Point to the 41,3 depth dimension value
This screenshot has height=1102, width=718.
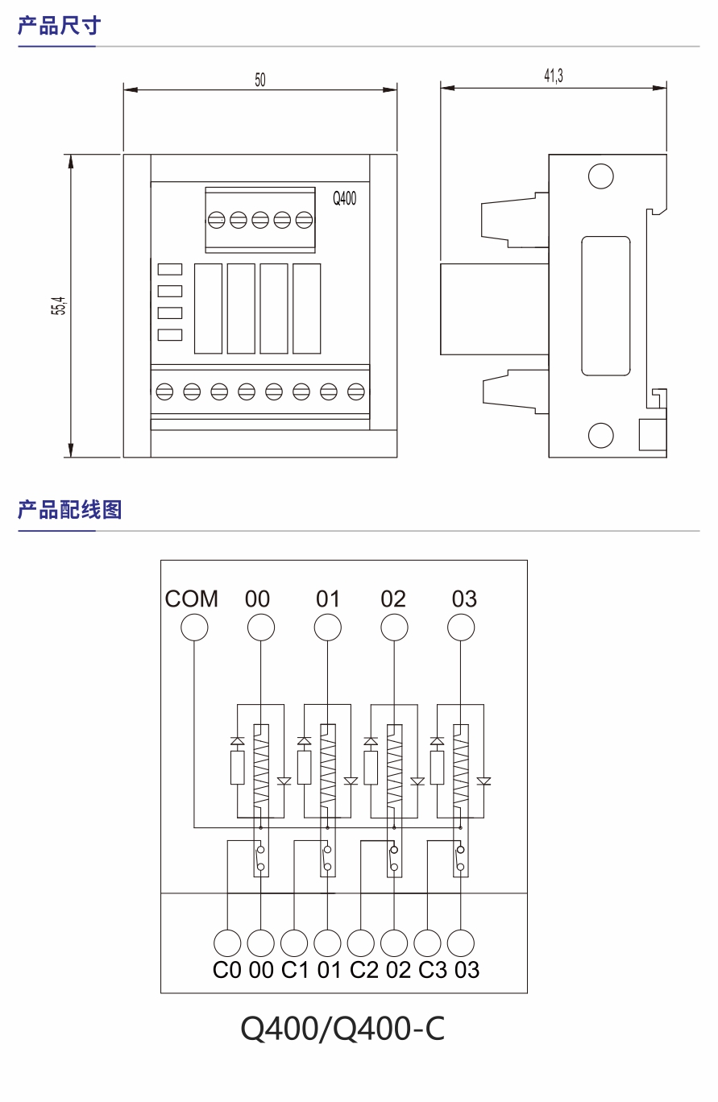pos(553,77)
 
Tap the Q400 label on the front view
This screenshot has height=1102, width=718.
pos(345,199)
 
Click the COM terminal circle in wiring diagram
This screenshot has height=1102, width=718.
pos(193,628)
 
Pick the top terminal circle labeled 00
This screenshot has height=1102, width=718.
pos(260,628)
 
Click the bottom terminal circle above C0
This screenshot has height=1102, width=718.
pos(227,942)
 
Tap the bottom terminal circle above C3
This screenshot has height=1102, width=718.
pos(428,942)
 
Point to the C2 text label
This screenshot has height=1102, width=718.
pos(364,970)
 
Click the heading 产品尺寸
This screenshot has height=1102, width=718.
pos(59,26)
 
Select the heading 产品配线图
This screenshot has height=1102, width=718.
pos(69,509)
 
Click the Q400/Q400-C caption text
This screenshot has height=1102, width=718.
pos(342,1029)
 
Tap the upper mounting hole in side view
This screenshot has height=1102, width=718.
pos(600,176)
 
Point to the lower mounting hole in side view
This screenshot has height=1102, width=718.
pos(600,435)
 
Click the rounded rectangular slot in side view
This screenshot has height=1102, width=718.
pos(606,305)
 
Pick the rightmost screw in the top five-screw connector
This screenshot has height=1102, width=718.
pos(304,219)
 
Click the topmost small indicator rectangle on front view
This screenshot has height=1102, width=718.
pos(170,269)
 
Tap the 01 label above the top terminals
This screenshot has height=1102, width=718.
pos(328,599)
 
